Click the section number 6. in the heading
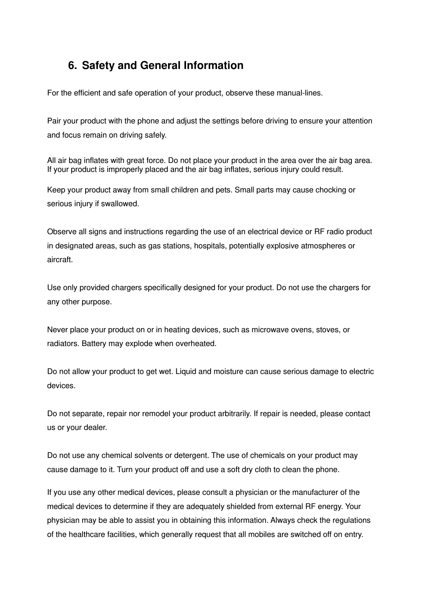pyautogui.click(x=72, y=66)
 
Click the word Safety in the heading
pyautogui.click(x=98, y=66)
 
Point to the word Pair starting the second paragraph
pyautogui.click(x=54, y=121)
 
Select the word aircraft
pyautogui.click(x=60, y=260)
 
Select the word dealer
pyautogui.click(x=96, y=428)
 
